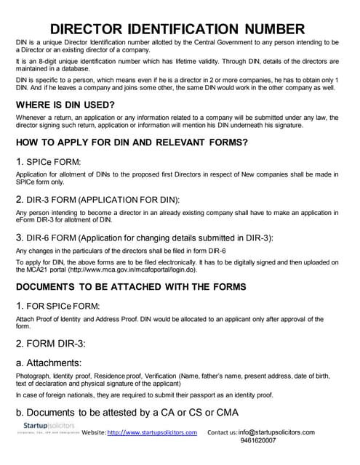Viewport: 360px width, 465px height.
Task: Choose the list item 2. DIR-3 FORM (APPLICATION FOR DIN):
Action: [x=97, y=199]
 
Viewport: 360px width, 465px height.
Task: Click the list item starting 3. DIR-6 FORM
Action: [x=135, y=238]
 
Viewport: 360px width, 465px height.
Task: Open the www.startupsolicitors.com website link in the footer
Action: [x=153, y=433]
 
